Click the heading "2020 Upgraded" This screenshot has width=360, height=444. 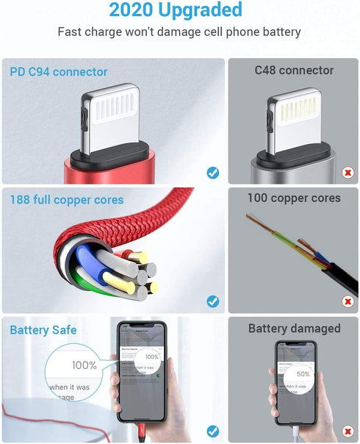pos(176,10)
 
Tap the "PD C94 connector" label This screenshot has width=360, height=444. pos(59,72)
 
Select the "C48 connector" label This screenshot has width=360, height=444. pos(294,71)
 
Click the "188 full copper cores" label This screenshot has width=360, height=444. pos(67,200)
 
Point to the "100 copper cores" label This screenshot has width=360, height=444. pos(294,198)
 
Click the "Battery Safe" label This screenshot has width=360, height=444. pos(43,330)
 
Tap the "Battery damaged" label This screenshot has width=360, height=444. pos(294,328)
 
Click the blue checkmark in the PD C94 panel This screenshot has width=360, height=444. pos(212,173)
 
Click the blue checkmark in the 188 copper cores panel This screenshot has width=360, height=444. pos(212,301)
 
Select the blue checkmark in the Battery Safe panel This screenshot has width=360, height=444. pos(212,431)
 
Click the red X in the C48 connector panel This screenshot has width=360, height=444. pos(348,173)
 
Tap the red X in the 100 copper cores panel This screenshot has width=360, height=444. pos(348,301)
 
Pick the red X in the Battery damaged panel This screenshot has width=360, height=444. pos(348,431)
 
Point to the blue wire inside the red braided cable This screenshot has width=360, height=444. pos(88,261)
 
